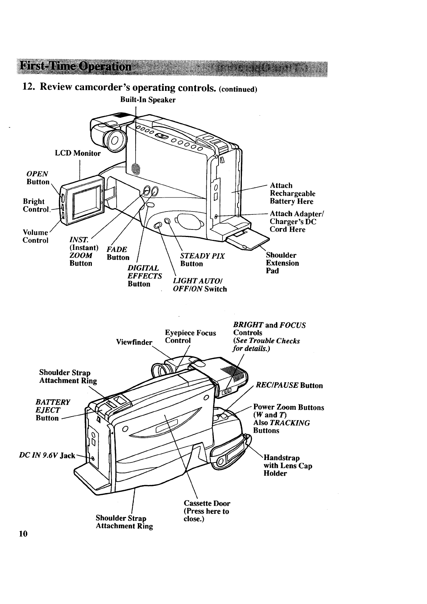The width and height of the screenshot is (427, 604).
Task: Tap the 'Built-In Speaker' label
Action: coord(148,100)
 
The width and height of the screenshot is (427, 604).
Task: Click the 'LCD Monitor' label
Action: coord(78,153)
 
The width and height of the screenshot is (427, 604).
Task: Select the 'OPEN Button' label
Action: coord(38,178)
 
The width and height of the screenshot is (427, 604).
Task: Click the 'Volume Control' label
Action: coord(35,236)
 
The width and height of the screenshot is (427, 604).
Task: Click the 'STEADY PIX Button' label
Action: coord(202,260)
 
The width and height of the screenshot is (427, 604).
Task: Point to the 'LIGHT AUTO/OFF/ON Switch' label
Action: coord(200,285)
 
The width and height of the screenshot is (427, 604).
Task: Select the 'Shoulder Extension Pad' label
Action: coord(282,263)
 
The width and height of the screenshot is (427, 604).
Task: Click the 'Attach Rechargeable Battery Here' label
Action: coord(292,194)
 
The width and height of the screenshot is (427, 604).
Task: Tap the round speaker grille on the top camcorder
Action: coord(135,168)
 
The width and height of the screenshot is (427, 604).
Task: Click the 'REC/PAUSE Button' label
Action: coord(289,386)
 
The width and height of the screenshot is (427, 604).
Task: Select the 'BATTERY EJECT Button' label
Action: coord(53,410)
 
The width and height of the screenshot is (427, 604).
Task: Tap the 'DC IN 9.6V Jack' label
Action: coord(47,456)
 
